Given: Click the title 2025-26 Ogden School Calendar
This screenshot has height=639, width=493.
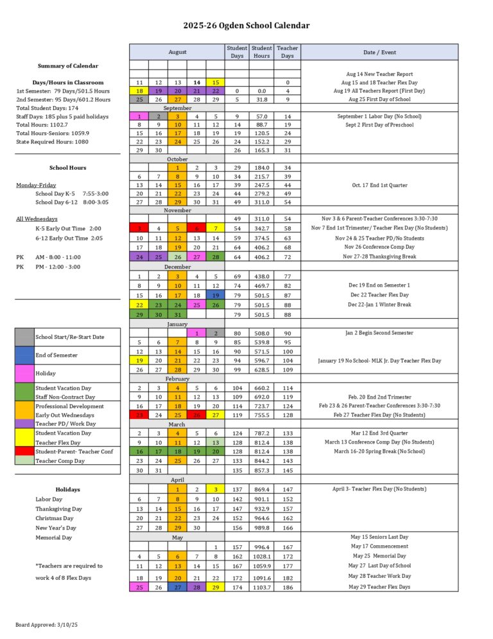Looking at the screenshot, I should coord(246,26).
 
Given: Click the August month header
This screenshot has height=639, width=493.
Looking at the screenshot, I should coord(178,51).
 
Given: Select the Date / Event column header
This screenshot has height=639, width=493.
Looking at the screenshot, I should coord(379,51).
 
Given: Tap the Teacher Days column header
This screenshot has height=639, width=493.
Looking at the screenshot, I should coord(287,51).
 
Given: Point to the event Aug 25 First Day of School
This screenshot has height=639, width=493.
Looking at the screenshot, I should coord(379,100).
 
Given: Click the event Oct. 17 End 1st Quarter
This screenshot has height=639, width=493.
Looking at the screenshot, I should coord(379,185).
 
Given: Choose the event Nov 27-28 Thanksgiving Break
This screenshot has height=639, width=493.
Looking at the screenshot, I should coord(379,256).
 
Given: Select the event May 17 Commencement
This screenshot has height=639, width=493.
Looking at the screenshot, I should coord(379,546).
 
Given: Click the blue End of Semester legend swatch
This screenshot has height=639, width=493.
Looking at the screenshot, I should coord(24,355).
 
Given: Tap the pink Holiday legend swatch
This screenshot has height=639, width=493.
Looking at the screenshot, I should coord(24,373).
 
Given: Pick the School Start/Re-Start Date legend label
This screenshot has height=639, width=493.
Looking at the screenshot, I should coord(69,337).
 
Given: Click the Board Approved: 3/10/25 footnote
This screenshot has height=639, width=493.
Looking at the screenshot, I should coord(47,624).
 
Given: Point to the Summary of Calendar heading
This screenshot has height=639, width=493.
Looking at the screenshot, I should coord(67,66).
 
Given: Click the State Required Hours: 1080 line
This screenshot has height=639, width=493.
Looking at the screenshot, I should coord(53,141).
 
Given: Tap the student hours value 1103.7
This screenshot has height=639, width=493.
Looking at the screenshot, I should coord(261,587).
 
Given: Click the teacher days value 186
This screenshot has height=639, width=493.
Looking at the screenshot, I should coord(287,587).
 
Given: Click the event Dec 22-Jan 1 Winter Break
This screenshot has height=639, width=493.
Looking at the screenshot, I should coord(379,304).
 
